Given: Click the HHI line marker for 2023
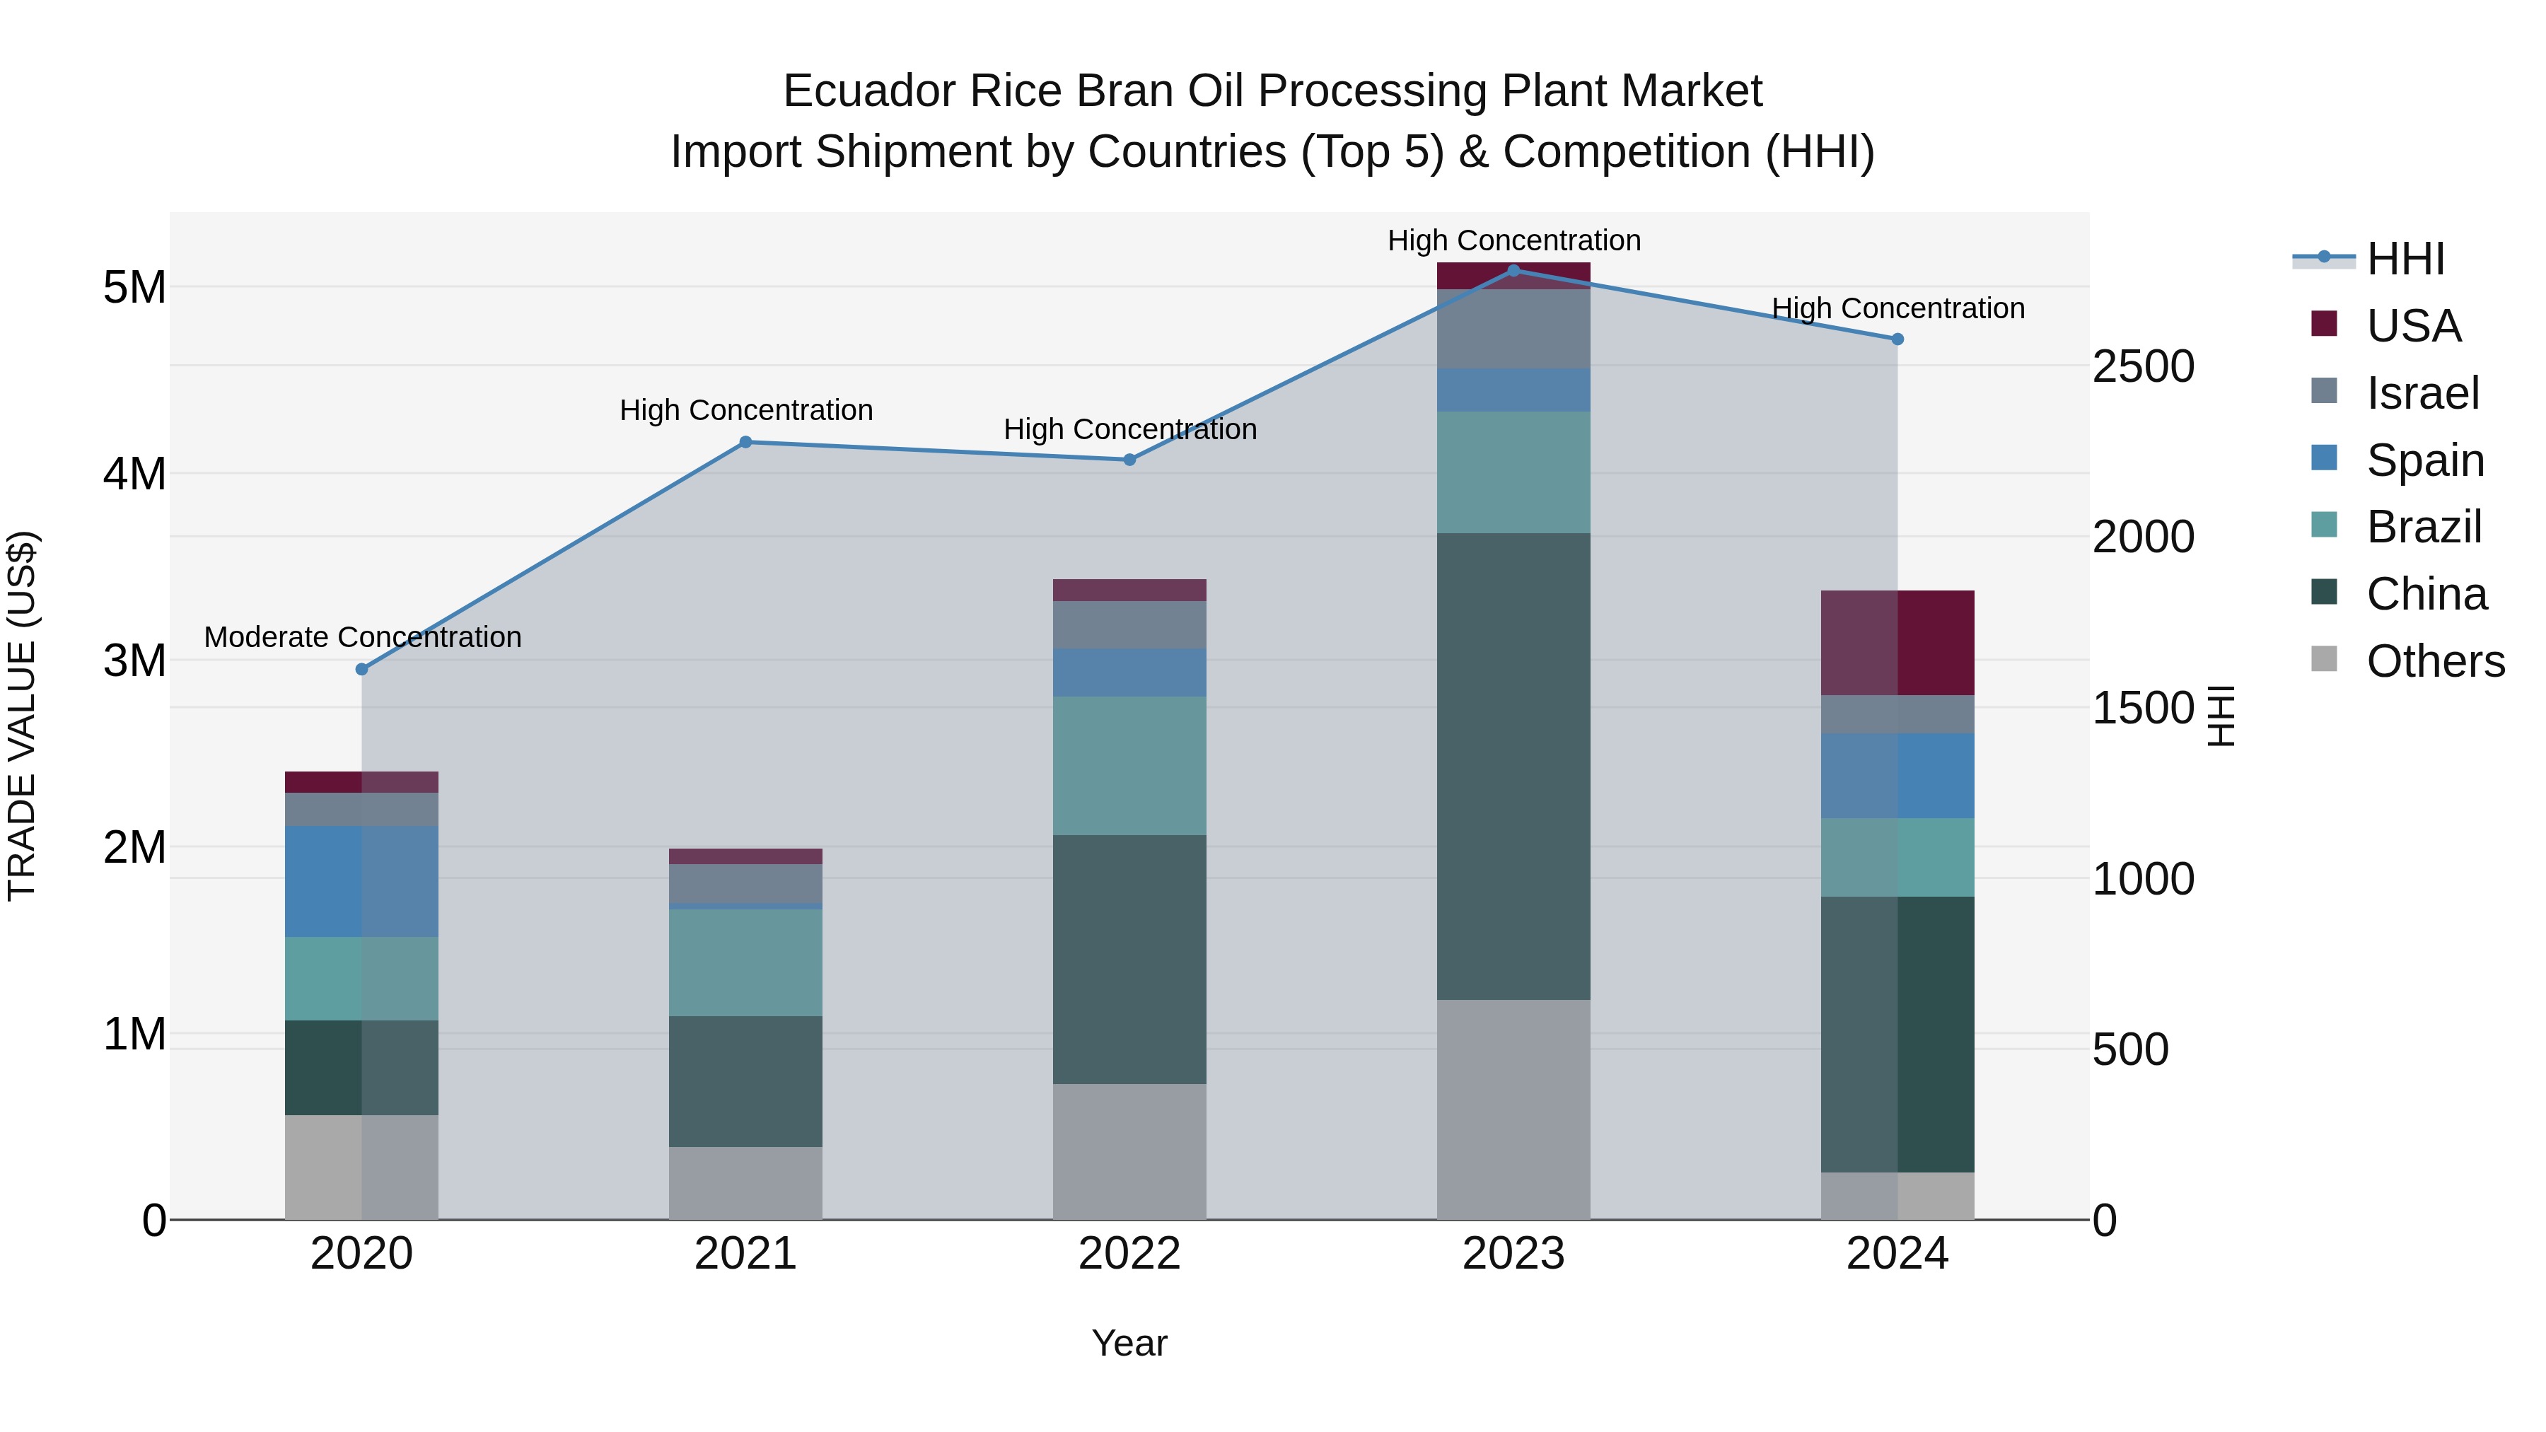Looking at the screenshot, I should click(1513, 271).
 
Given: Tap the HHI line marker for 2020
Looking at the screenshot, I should click(361, 669).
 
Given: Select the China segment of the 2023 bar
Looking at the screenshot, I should click(1513, 766).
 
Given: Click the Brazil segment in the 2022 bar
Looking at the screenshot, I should click(1129, 766).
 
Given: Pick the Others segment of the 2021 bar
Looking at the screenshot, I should click(745, 1183).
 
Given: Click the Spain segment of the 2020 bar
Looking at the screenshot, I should click(361, 882).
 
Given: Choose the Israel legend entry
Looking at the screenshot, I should click(2422, 393).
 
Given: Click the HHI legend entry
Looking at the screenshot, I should click(2405, 259).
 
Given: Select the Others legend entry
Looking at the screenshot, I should click(2435, 661).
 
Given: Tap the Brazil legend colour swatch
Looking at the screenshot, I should click(2325, 525).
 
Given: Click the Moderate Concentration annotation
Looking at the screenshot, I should click(363, 637).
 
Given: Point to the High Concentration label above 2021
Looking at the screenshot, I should click(746, 410).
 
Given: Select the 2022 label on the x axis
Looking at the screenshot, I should click(1129, 1254).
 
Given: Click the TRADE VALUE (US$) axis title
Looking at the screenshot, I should click(23, 716).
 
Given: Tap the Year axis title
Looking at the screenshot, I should click(1129, 1343).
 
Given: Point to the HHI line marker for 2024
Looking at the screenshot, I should click(1897, 339).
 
